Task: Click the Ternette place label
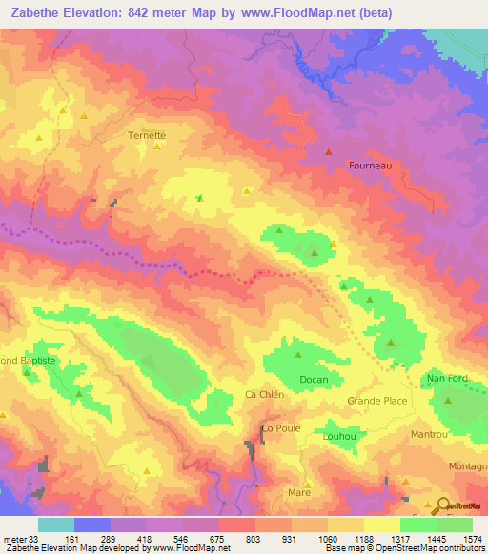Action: click(x=147, y=135)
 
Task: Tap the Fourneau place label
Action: click(x=371, y=165)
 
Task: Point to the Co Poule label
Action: click(x=281, y=428)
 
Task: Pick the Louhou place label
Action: click(x=339, y=437)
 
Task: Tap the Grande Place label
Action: click(x=376, y=401)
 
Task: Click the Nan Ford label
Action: click(x=447, y=379)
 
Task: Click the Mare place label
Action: click(x=299, y=492)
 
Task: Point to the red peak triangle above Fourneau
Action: click(x=330, y=150)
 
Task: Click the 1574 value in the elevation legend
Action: click(x=473, y=538)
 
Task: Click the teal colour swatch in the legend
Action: click(x=55, y=524)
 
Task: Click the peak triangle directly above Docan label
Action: click(x=297, y=356)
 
